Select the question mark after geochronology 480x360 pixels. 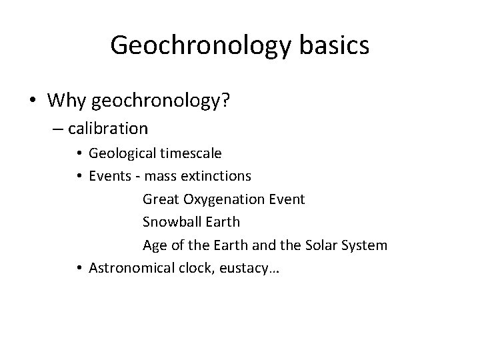(x=226, y=100)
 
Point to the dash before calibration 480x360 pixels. (x=55, y=127)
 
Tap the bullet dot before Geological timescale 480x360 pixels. (x=79, y=153)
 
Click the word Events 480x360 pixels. (x=108, y=176)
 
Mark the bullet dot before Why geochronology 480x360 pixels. (x=33, y=101)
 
